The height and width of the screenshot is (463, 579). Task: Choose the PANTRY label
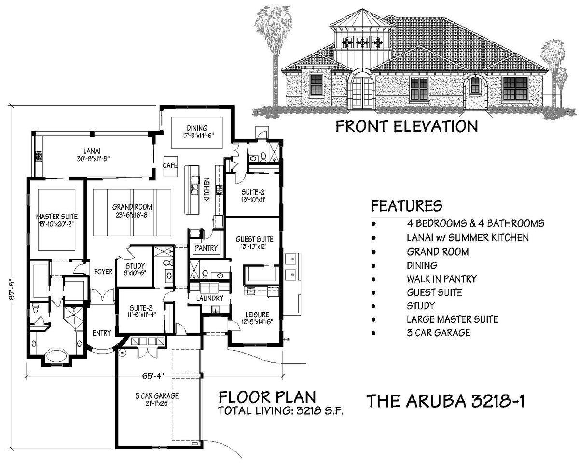coord(207,248)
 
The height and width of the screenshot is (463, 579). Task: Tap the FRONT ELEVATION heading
coord(406,126)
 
